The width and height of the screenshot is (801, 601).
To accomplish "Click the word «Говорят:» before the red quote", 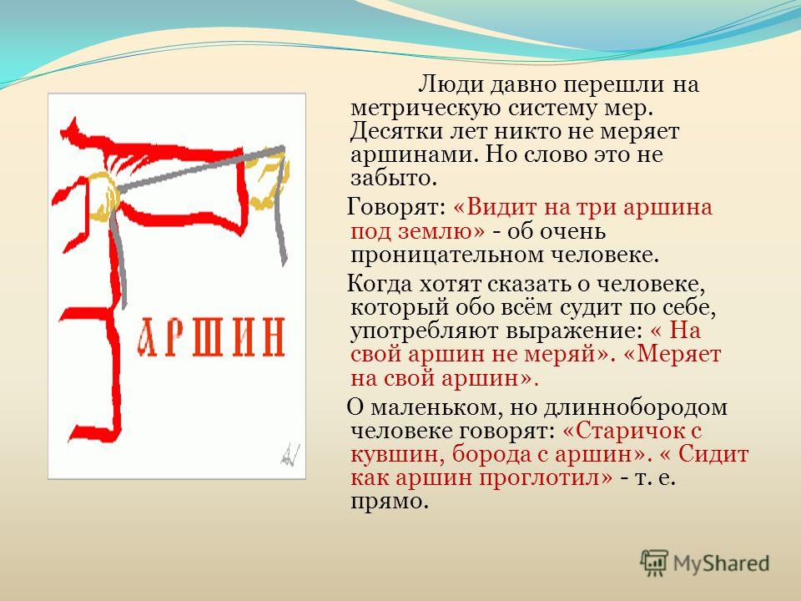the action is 396,208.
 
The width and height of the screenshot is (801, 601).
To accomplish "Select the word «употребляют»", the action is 425,331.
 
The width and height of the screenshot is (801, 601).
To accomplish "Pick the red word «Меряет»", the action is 678,354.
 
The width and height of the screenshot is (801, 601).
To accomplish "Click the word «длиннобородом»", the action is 635,407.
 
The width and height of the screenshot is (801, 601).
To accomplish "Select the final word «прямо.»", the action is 389,502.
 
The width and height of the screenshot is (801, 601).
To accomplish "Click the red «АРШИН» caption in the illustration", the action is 211,336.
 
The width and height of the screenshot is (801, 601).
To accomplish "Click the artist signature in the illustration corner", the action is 290,452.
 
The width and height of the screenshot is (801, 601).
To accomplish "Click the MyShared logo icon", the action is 654,563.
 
